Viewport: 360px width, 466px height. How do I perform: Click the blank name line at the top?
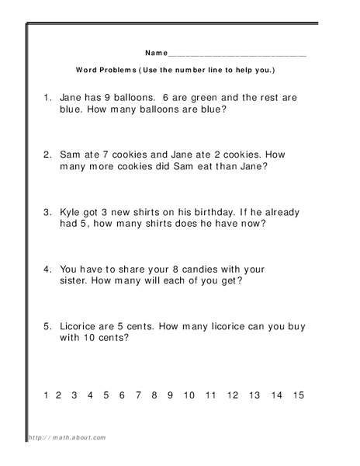pos(237,55)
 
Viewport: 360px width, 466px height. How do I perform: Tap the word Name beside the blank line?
pos(155,53)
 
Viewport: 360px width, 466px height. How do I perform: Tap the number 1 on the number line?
pos(47,395)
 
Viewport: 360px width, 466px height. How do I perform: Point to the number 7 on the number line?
pos(138,395)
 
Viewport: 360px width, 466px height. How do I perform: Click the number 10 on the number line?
pos(189,395)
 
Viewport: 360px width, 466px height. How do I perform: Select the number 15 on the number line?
pos(299,395)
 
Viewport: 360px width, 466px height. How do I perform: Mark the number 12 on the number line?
pos(233,395)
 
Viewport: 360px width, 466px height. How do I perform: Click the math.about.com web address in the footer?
pos(68,438)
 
